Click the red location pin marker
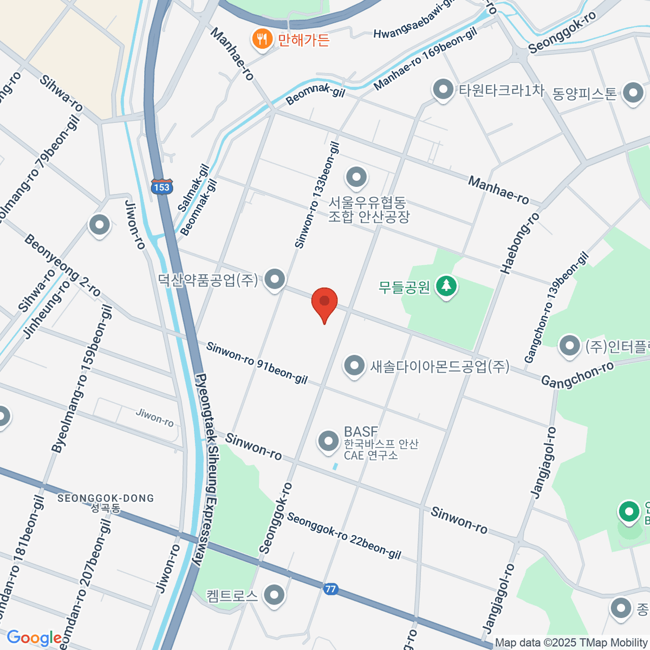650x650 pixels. point(324,302)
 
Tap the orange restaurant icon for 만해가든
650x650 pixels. point(262,39)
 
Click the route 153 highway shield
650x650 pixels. point(161,187)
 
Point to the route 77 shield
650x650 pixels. point(331,589)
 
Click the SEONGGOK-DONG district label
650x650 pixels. point(106,498)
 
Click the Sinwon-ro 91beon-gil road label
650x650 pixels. point(257,363)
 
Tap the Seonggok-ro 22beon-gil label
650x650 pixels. point(344,536)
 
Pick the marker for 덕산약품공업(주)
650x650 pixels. point(276,279)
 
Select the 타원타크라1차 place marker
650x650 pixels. point(444,90)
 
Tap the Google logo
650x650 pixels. point(34,638)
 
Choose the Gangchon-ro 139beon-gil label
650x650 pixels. point(556,308)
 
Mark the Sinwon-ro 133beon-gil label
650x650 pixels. point(317,195)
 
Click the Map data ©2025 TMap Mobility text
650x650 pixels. point(571,643)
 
